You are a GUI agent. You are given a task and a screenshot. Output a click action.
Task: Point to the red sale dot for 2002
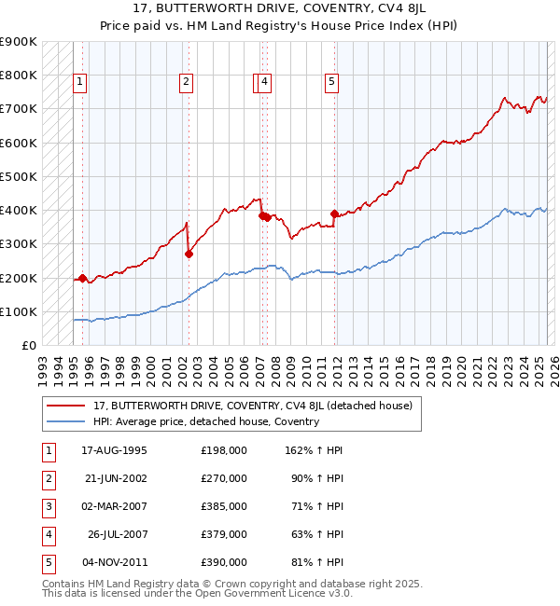[189, 253]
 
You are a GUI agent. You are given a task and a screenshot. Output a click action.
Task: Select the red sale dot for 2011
[334, 213]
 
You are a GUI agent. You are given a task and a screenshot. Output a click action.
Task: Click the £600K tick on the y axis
[19, 143]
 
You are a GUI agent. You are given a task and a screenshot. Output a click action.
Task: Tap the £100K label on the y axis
[19, 311]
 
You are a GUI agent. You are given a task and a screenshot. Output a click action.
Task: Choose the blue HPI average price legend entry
[205, 421]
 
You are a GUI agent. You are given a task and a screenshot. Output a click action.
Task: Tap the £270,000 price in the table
[224, 478]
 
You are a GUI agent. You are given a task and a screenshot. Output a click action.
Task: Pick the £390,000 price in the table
[224, 562]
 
